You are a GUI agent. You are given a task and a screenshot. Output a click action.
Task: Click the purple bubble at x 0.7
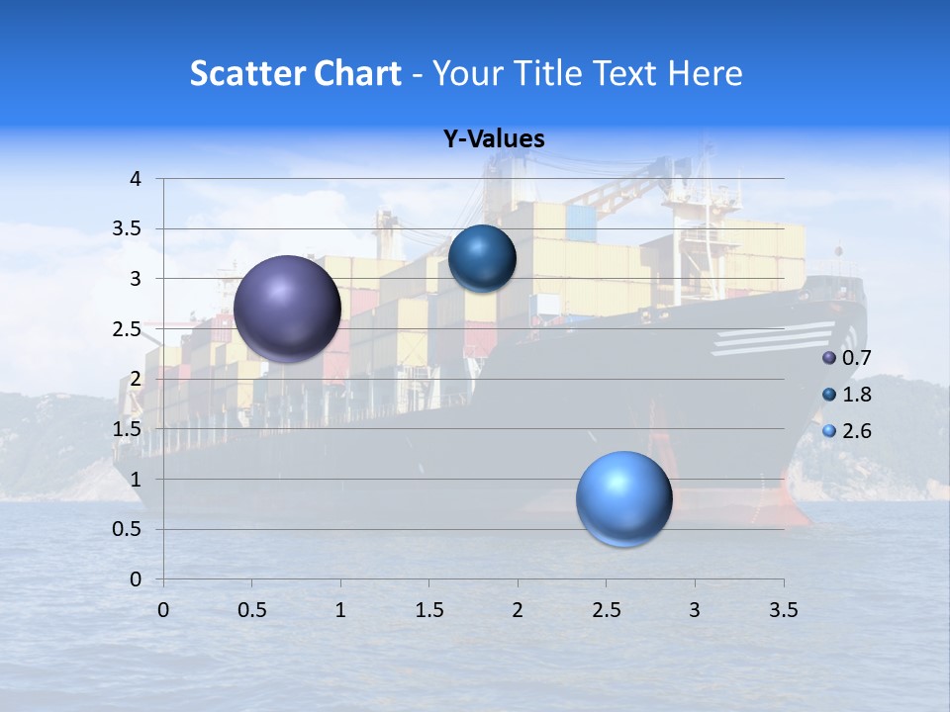tap(288, 308)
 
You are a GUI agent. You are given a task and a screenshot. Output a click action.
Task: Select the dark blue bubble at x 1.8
tap(482, 258)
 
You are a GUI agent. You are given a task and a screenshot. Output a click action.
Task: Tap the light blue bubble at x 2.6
tap(623, 498)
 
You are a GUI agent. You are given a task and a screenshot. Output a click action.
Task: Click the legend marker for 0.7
tap(829, 358)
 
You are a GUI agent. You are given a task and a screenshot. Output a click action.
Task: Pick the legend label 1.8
tap(856, 395)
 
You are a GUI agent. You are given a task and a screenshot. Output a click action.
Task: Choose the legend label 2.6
tap(856, 431)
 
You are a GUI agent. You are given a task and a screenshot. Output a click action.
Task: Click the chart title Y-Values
tap(494, 139)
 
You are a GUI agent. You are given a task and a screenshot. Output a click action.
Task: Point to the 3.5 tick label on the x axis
tap(784, 610)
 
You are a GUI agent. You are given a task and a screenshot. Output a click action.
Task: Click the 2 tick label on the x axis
tap(518, 610)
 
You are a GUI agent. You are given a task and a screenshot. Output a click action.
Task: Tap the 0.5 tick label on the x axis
tap(252, 610)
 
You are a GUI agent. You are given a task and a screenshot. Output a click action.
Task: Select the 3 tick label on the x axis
tap(695, 610)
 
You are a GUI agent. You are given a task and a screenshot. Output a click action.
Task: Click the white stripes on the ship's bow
tap(773, 339)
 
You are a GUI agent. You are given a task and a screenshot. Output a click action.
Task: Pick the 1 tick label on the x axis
tap(340, 610)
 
